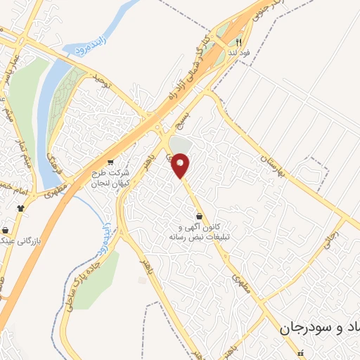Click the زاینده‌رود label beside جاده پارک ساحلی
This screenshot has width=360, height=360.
click(105, 238)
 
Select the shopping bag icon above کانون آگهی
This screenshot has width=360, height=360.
click(199, 217)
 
